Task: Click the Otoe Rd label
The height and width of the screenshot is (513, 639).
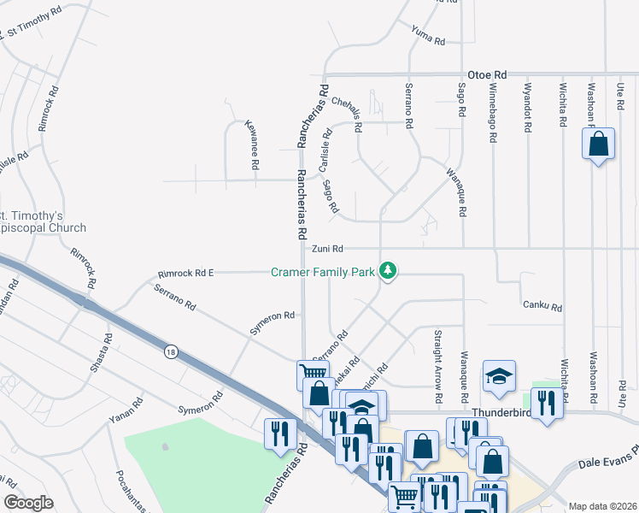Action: click(x=488, y=74)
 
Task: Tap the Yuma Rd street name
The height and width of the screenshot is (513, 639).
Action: click(x=427, y=36)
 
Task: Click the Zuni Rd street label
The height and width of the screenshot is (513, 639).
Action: click(x=326, y=249)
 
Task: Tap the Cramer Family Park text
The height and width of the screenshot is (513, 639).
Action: click(x=323, y=272)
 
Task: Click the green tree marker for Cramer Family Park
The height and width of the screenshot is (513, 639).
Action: click(x=389, y=271)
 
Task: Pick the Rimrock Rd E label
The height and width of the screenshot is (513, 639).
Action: click(x=185, y=274)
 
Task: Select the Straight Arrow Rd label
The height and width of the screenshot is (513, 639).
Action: click(x=437, y=366)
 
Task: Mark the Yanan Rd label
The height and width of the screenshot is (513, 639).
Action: click(x=126, y=412)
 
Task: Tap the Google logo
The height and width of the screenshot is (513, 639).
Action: click(x=28, y=503)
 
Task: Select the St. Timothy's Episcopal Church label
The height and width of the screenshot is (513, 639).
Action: click(x=43, y=221)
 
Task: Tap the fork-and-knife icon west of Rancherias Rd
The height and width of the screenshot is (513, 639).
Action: click(x=279, y=433)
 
